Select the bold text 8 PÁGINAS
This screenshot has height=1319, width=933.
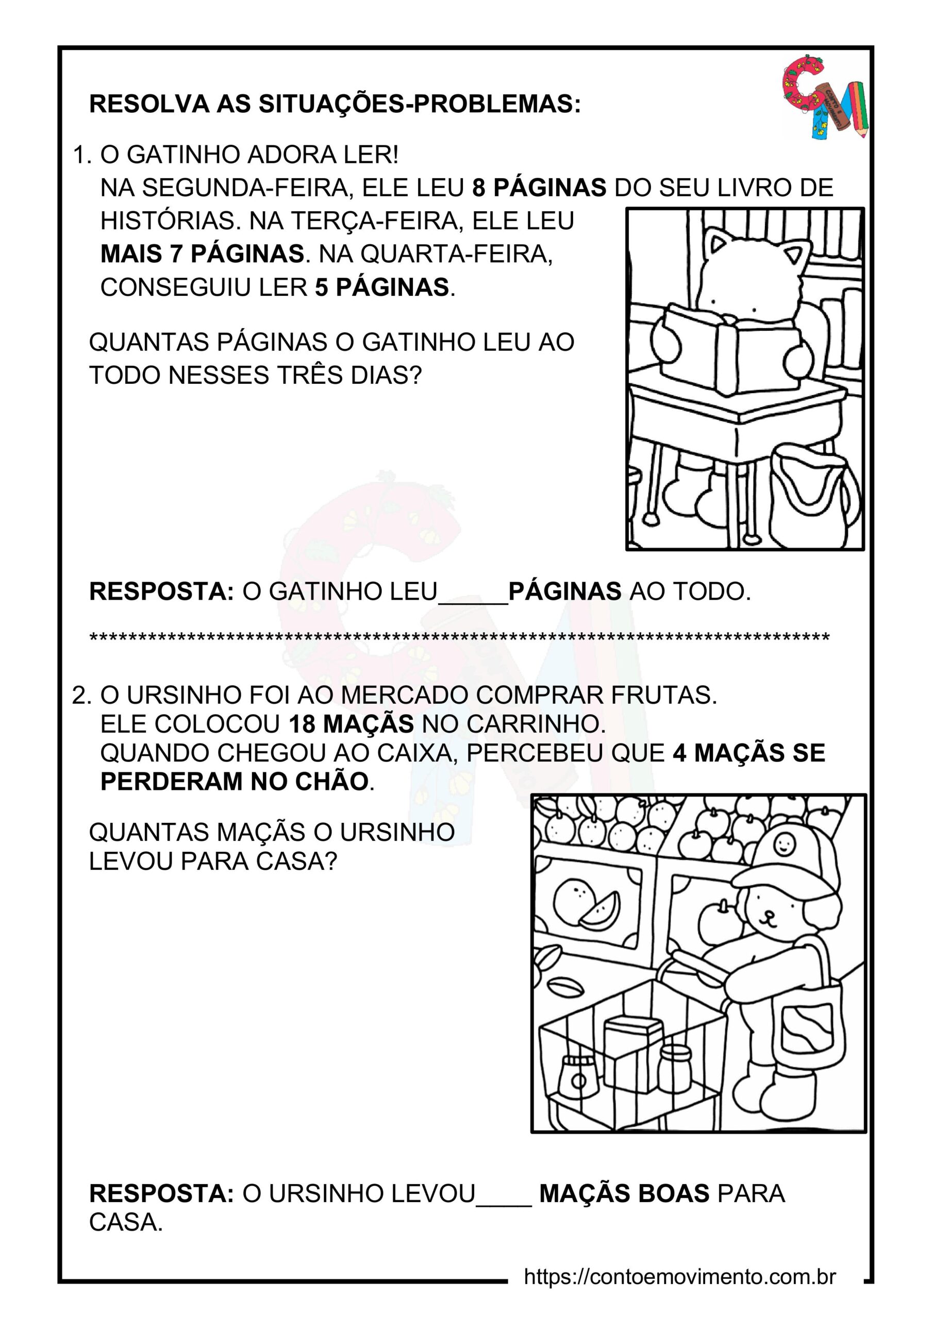[539, 188]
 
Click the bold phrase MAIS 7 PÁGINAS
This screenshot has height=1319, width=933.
[203, 254]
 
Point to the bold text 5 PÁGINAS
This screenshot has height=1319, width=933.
[382, 287]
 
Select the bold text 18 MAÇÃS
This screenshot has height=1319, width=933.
[351, 724]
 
